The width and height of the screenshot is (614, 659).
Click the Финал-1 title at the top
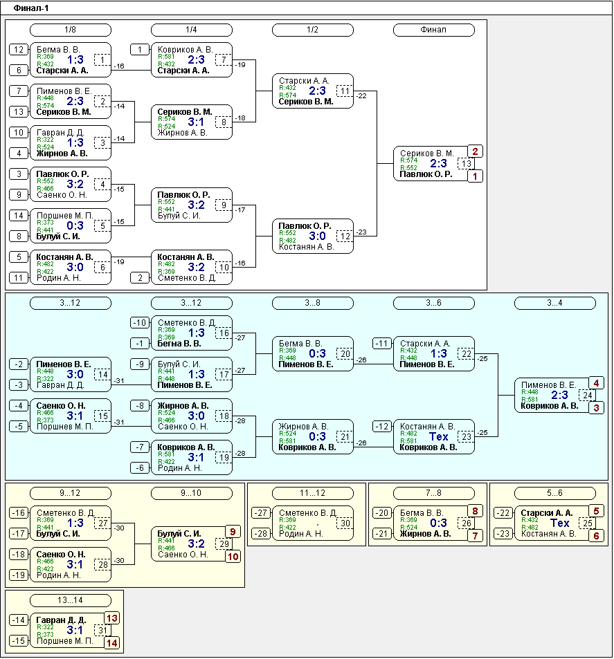tap(31, 8)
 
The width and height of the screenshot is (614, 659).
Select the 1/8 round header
tap(71, 30)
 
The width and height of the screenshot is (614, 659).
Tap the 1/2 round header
tap(313, 30)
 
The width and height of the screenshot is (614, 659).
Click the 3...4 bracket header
tap(554, 303)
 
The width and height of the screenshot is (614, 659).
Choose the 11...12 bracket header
tap(313, 493)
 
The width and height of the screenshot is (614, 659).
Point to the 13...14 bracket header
tap(71, 600)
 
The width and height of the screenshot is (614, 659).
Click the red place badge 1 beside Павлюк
tap(475, 176)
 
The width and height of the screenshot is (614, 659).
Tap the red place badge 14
tap(111, 642)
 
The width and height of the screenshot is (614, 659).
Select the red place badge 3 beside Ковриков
tap(596, 408)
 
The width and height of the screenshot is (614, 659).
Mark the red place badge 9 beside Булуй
tap(233, 532)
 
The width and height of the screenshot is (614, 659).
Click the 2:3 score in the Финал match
tap(438, 163)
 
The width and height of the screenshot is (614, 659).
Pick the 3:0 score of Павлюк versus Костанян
tap(317, 236)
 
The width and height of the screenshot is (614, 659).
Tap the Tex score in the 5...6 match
tap(560, 523)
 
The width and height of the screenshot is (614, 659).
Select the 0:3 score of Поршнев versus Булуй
tap(75, 225)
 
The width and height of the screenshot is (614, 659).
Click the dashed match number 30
tap(345, 523)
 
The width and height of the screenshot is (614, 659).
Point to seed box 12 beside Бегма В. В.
tap(19, 50)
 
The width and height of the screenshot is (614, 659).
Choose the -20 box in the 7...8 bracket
tap(382, 512)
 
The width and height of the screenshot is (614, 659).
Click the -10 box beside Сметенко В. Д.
tap(140, 323)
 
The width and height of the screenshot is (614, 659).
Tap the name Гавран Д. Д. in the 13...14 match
tap(61, 620)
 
